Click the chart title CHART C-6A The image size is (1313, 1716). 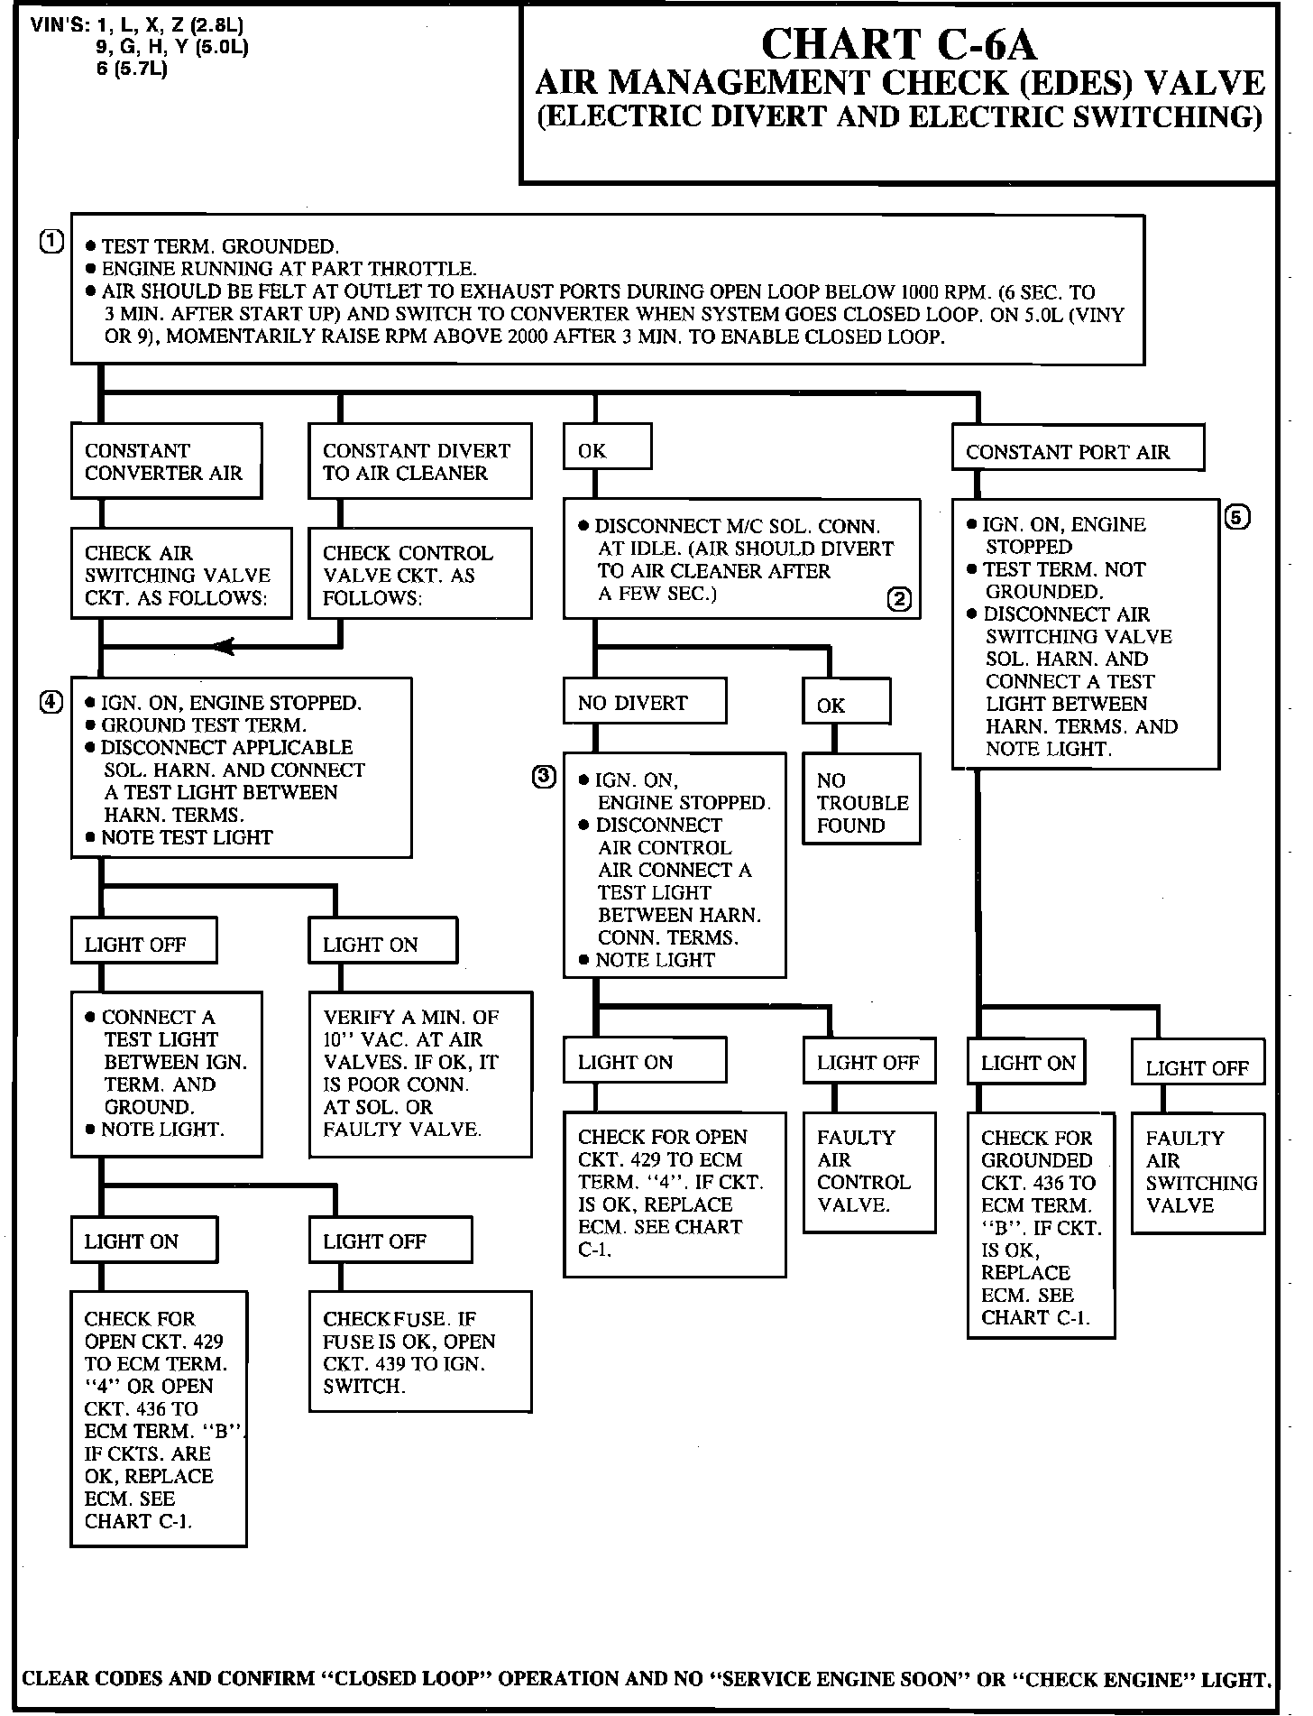898,43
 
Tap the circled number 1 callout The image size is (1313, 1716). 52,241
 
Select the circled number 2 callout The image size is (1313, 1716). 899,599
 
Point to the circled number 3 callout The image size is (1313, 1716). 544,777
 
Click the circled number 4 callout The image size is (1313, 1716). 52,703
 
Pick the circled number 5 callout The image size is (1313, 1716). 1238,518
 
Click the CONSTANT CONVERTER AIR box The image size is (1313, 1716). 166,461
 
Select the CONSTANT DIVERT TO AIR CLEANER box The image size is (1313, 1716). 419,461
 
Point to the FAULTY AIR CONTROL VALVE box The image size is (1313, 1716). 869,1171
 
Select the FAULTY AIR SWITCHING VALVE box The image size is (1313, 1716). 1198,1173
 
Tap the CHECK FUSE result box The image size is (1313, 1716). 419,1351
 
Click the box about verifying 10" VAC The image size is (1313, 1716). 419,1074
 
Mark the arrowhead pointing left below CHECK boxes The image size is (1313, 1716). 224,646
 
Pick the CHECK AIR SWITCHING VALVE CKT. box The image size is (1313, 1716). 181,574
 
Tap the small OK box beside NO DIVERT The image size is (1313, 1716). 845,705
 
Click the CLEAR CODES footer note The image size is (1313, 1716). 646,1679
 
